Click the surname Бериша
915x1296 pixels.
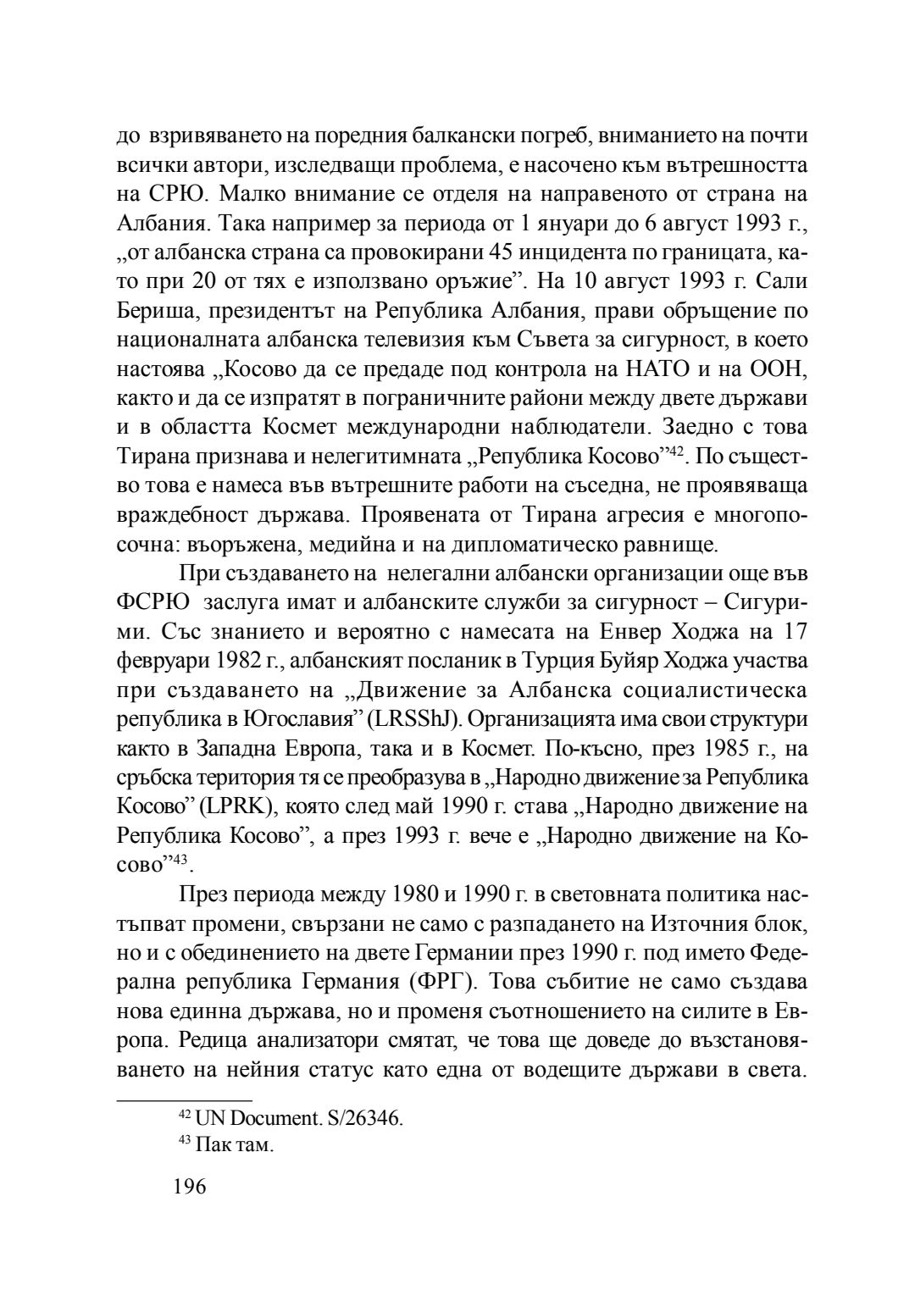tap(153, 310)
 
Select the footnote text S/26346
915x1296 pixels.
tap(366, 1117)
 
